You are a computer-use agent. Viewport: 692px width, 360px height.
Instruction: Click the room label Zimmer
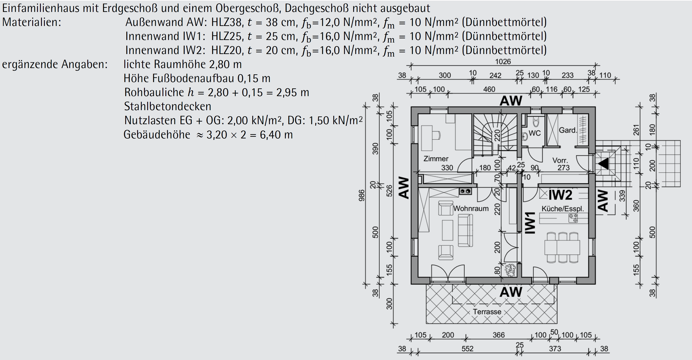tap(436, 159)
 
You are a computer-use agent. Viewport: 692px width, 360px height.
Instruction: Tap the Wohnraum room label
tap(471, 208)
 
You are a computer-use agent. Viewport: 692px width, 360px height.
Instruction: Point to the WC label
tap(534, 133)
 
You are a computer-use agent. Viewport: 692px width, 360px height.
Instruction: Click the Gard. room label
tap(568, 130)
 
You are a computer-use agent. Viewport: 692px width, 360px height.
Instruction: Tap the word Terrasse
tap(487, 312)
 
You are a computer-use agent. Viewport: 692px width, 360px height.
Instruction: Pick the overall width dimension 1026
tap(503, 62)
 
